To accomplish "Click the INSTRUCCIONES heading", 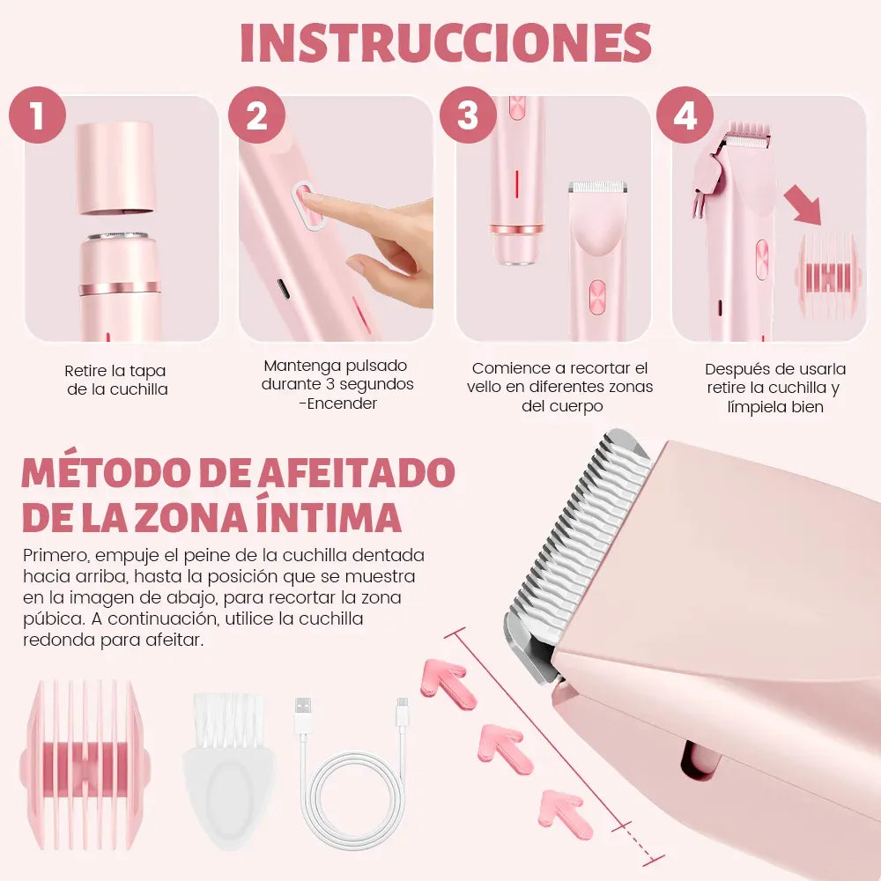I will click(x=445, y=42).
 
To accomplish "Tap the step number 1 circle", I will click(x=37, y=115).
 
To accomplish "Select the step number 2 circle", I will click(x=256, y=115).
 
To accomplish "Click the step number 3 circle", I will click(x=468, y=115).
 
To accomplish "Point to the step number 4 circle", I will click(x=685, y=115).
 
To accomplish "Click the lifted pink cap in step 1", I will click(x=117, y=167).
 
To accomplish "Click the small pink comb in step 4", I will click(x=826, y=274).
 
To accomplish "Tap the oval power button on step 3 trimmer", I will click(x=596, y=296).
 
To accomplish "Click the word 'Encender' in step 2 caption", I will click(x=342, y=403).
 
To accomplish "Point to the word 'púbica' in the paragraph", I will click(x=49, y=618).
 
